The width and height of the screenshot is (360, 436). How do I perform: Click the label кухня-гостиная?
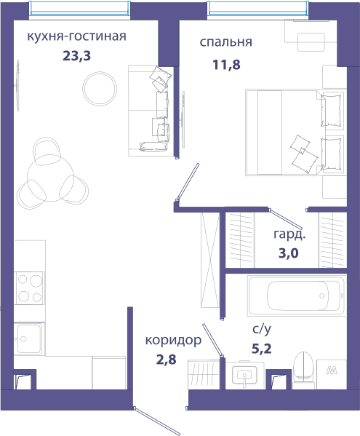tap(76, 36)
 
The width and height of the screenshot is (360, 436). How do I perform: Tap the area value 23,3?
tap(76, 56)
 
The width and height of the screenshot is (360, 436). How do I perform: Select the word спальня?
tap(226, 42)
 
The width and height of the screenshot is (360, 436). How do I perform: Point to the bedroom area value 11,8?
tap(226, 65)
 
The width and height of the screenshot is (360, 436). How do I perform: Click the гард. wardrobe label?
tap(289, 234)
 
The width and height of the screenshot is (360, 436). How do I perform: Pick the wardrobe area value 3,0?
tap(289, 253)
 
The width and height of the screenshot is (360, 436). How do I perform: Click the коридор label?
tap(173, 341)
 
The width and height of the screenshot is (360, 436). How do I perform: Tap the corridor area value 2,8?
tap(166, 360)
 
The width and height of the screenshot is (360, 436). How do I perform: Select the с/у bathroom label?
tap(261, 329)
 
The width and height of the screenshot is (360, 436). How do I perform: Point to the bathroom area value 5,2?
tap(261, 349)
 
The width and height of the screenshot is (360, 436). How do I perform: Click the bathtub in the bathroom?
tap(297, 296)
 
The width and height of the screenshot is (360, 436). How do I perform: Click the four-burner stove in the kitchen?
tap(29, 288)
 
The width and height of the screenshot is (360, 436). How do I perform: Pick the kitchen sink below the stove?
tap(29, 338)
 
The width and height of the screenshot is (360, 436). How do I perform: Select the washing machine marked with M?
tap(332, 374)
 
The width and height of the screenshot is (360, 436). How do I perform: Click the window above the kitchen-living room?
tap(80, 10)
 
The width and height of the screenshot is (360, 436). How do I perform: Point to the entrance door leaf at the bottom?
tap(157, 422)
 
